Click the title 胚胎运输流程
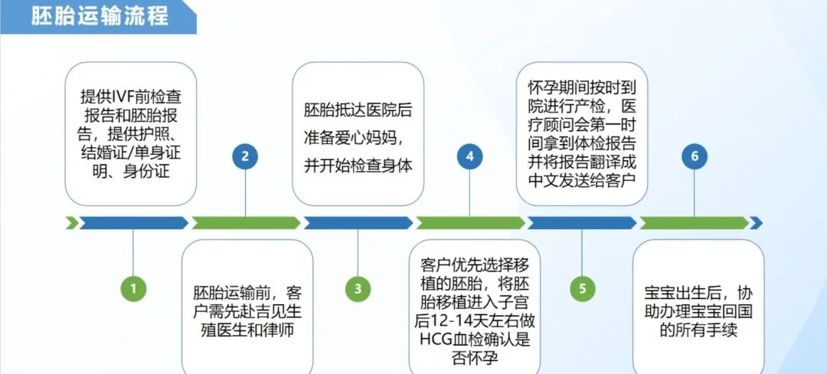click(100, 16)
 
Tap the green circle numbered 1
click(133, 288)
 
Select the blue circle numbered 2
click(245, 156)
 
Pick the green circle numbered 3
click(358, 288)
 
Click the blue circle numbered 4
click(470, 156)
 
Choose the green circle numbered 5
click(582, 288)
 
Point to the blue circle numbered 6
click(694, 156)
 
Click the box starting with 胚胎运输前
click(247, 307)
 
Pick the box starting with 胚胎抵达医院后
click(358, 134)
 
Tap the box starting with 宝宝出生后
click(698, 307)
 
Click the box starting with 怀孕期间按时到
click(582, 134)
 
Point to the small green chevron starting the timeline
click(72, 223)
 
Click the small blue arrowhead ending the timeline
click(757, 223)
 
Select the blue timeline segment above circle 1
click(133, 223)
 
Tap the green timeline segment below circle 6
click(694, 223)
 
